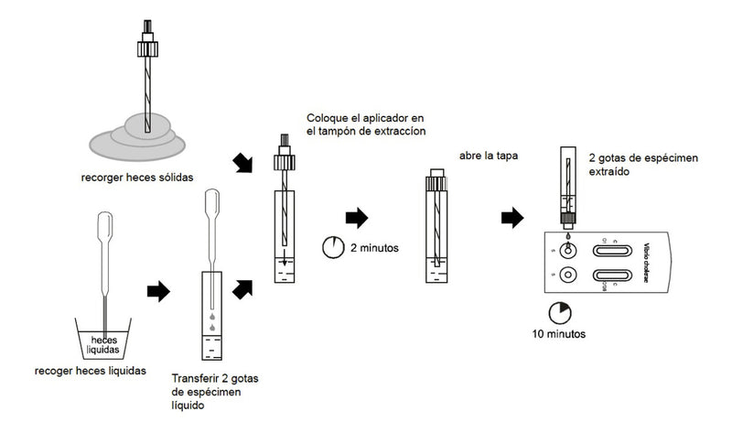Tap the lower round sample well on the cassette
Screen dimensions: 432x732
tap(569, 275)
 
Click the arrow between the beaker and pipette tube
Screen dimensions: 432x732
tap(159, 291)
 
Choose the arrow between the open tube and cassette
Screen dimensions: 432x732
tap(512, 219)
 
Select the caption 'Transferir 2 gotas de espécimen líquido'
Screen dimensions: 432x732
tap(211, 391)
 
